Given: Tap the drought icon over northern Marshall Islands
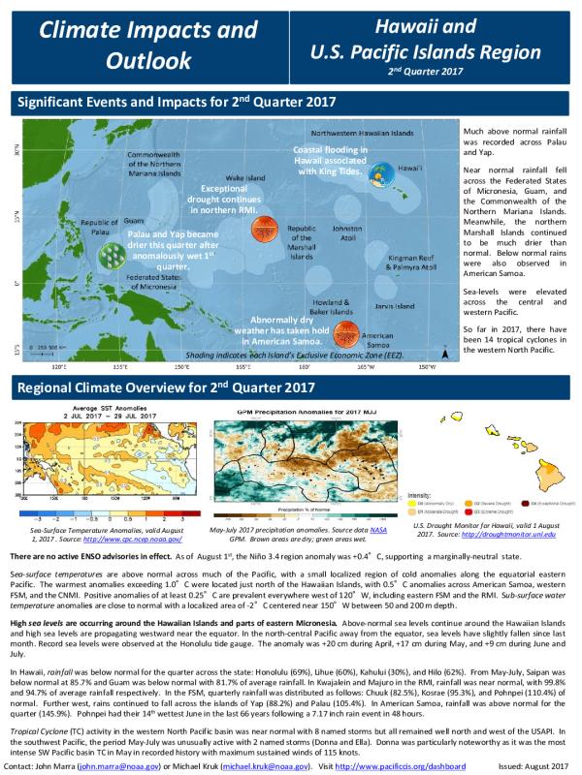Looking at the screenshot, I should click(261, 230).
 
